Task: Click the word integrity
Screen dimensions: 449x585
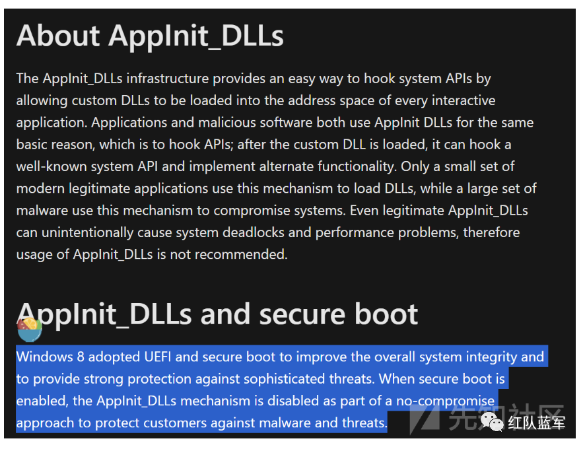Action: [486, 357]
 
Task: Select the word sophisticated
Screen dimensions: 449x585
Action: [266, 379]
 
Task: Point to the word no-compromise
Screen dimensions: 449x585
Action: [444, 401]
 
